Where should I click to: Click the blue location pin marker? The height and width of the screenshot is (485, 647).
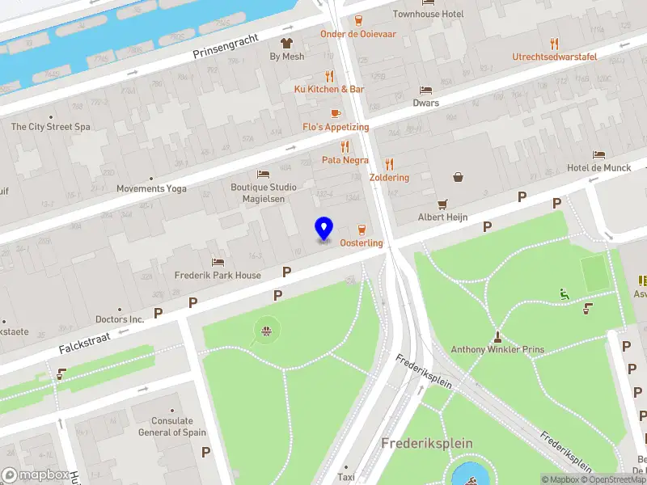click(323, 228)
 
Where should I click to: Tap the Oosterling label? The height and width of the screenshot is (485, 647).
click(362, 243)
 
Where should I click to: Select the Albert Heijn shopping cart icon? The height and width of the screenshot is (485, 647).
click(442, 204)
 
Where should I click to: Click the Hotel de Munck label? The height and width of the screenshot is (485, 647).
click(598, 167)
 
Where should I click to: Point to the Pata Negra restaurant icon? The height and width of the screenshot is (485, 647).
click(345, 146)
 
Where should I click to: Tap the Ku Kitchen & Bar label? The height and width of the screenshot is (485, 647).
click(329, 89)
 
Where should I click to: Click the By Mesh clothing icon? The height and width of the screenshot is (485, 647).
click(287, 43)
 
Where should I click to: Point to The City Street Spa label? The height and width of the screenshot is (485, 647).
click(50, 127)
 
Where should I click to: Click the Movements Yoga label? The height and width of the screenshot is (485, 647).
click(151, 188)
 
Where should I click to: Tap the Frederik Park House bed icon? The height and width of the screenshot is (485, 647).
click(218, 262)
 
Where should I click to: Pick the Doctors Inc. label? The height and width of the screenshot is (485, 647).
click(120, 319)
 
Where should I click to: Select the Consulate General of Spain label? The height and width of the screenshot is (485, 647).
click(172, 426)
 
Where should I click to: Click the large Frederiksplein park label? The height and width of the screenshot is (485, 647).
click(427, 443)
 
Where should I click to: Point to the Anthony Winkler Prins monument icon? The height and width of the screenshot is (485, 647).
click(498, 336)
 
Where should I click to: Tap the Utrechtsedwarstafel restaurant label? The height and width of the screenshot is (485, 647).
click(554, 57)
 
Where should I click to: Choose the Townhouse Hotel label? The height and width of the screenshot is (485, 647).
click(428, 14)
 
